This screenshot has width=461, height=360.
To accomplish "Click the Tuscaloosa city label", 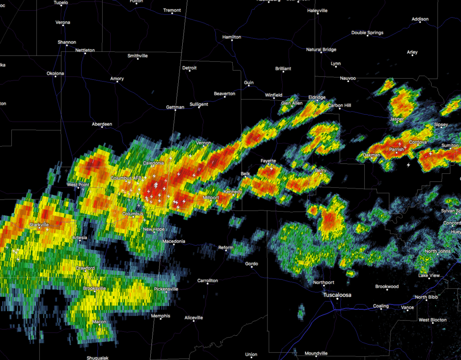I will pos(337,295).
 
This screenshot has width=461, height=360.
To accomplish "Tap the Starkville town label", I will pos(39,225).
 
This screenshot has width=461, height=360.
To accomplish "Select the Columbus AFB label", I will pos(126,179).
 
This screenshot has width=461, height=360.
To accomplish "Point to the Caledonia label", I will pos(154,163).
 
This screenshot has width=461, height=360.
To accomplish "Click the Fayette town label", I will pos(269,161).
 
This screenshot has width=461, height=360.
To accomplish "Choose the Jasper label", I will pos(397,119).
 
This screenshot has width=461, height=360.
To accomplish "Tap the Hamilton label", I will pos(232,37).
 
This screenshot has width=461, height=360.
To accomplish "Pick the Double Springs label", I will pos(367,33).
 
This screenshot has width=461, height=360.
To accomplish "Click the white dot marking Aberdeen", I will pos(102,127).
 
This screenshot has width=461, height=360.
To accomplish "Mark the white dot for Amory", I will pos(117,82).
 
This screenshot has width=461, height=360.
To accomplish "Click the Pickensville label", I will pos(166,289).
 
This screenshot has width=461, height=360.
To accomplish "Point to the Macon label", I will pos(99,322).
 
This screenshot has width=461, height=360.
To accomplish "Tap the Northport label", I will pos(324,283).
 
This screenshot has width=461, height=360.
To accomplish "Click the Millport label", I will pos(211,198).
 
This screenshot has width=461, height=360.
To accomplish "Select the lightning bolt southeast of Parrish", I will pos(408,165).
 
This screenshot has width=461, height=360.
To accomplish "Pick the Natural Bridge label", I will pos(321,49).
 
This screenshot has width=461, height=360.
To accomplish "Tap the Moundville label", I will pos(316,353).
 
